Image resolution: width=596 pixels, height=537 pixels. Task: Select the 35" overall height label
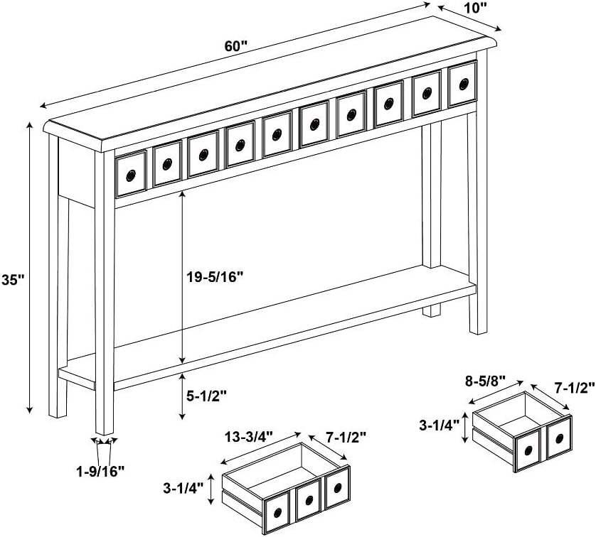[x=13, y=280]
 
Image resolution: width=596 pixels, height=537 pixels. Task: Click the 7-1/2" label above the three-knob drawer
[x=346, y=435]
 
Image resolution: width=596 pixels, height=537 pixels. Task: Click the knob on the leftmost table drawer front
[x=131, y=175]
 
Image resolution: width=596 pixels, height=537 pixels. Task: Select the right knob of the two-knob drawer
[x=558, y=440]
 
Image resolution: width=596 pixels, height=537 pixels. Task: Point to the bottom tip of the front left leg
[x=105, y=431]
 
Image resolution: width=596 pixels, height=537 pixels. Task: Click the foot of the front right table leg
[x=474, y=330]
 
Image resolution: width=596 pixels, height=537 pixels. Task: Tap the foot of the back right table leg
[x=431, y=313]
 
